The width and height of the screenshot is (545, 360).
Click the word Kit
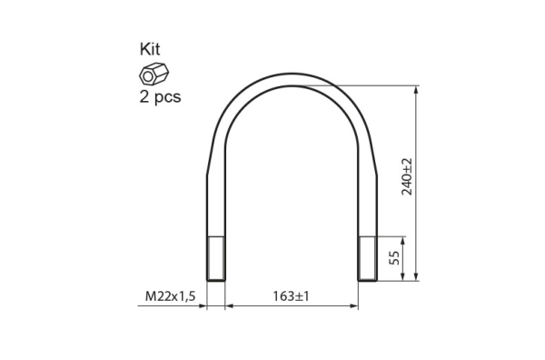coord(150,49)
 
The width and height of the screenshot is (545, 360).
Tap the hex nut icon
coord(154,74)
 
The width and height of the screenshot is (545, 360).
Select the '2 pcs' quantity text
coord(160,97)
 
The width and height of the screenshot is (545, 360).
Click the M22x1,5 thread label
coord(171,296)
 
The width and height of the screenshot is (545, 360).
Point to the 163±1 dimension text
coord(291,296)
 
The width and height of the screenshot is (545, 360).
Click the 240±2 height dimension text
coord(407,176)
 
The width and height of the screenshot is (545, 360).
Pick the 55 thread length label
coord(394,258)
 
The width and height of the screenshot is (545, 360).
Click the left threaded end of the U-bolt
coord(216,258)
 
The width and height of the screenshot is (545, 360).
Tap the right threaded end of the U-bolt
coord(367,258)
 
